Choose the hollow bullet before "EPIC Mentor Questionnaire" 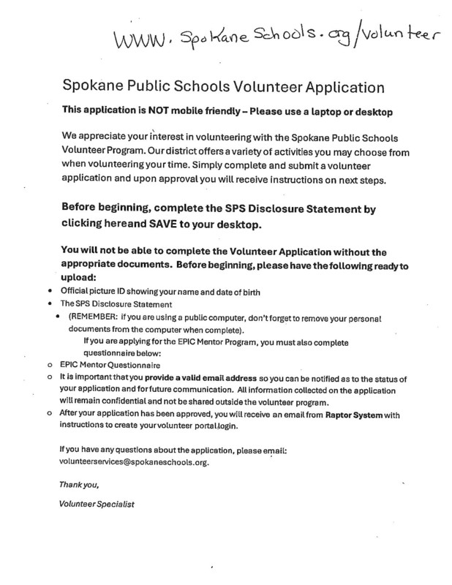pos(49,364)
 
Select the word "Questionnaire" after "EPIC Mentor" pos(135,364)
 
